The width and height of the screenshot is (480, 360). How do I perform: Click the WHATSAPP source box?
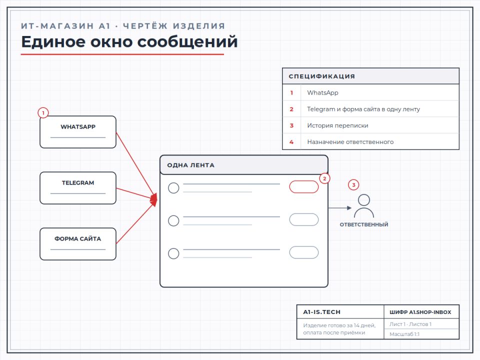(x=78, y=132)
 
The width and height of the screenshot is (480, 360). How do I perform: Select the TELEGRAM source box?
(x=78, y=188)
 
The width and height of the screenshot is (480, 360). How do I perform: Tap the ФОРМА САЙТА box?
(x=78, y=244)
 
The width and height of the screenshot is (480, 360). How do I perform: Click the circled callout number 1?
(x=43, y=113)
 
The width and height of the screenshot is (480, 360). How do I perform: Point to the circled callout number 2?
(x=324, y=178)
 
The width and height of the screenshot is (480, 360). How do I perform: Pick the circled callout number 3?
(x=353, y=185)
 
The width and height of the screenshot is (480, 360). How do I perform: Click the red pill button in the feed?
(x=304, y=186)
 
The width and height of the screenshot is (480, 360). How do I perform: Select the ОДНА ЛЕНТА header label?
(x=190, y=165)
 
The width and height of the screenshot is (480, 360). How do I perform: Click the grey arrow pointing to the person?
(x=340, y=208)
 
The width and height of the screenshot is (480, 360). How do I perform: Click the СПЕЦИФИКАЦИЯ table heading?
(x=321, y=76)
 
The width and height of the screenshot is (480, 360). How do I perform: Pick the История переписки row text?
(x=337, y=125)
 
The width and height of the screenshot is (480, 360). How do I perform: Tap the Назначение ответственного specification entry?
(x=350, y=142)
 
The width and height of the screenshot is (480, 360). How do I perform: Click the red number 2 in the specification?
(x=291, y=109)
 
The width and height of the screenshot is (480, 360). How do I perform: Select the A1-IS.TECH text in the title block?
(x=321, y=312)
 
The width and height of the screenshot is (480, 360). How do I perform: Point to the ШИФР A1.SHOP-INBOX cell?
(x=420, y=312)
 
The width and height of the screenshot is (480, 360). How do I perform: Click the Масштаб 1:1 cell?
(x=404, y=334)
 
